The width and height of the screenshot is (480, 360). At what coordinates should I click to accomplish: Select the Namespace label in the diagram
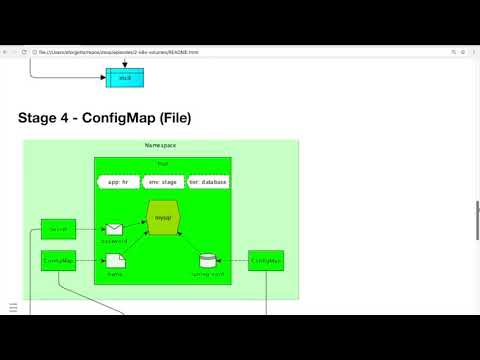pyautogui.click(x=160, y=146)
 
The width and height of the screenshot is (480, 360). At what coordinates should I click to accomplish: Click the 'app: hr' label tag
pyautogui.click(x=119, y=182)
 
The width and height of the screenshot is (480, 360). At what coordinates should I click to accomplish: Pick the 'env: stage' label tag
pyautogui.click(x=163, y=182)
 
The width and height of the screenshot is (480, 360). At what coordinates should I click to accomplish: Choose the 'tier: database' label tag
pyautogui.click(x=208, y=182)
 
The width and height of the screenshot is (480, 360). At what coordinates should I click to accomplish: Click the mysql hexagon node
pyautogui.click(x=163, y=216)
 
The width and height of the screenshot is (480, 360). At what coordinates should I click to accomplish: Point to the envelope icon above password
pyautogui.click(x=115, y=229)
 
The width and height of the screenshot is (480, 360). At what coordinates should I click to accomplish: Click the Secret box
pyautogui.click(x=58, y=230)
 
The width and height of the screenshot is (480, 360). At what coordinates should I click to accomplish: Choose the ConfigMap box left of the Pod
pyautogui.click(x=58, y=261)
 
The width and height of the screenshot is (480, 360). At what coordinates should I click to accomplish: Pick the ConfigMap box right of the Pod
pyautogui.click(x=266, y=261)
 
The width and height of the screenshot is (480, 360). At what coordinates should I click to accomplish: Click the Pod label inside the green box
pyautogui.click(x=163, y=163)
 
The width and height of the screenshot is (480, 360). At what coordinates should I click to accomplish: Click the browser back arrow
pyautogui.click(x=6, y=52)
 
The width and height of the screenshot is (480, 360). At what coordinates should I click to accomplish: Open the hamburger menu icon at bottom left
pyautogui.click(x=13, y=307)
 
